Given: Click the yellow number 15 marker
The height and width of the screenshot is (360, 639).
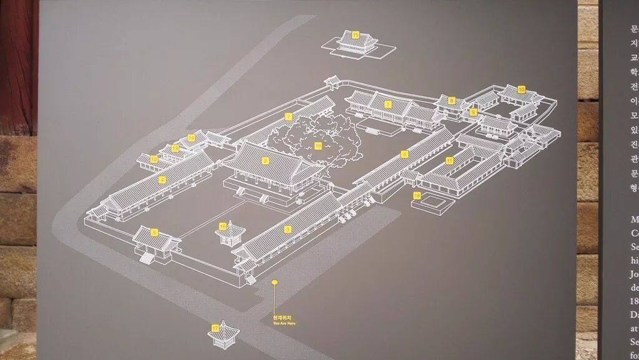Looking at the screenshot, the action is click(355, 35).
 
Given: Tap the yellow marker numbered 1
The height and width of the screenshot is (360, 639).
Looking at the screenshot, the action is click(388, 104).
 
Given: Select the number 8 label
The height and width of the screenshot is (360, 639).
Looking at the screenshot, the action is click(451, 100).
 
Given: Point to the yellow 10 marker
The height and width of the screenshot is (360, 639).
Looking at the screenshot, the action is click(521, 89).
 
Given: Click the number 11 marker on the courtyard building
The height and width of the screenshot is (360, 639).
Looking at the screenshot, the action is click(449, 160).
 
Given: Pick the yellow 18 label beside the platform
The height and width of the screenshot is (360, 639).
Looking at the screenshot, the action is click(417, 196).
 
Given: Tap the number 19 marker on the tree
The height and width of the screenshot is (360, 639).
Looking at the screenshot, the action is click(318, 145).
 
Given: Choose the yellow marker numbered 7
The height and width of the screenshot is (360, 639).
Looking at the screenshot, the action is click(288, 117).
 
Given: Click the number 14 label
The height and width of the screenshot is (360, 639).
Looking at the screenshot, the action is click(191, 137).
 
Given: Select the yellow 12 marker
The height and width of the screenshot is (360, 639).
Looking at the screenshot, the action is click(154, 159).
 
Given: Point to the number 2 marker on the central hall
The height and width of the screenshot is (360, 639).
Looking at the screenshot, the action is click(265, 160).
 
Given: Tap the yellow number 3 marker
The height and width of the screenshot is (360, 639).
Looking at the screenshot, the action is click(288, 229).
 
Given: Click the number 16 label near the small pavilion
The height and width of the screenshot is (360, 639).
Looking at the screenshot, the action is click(223, 226).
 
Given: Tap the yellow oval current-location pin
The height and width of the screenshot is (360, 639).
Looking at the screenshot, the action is click(273, 282).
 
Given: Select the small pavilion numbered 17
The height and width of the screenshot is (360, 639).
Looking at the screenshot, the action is click(221, 336).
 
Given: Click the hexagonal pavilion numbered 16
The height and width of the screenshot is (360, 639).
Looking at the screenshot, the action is click(230, 234).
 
